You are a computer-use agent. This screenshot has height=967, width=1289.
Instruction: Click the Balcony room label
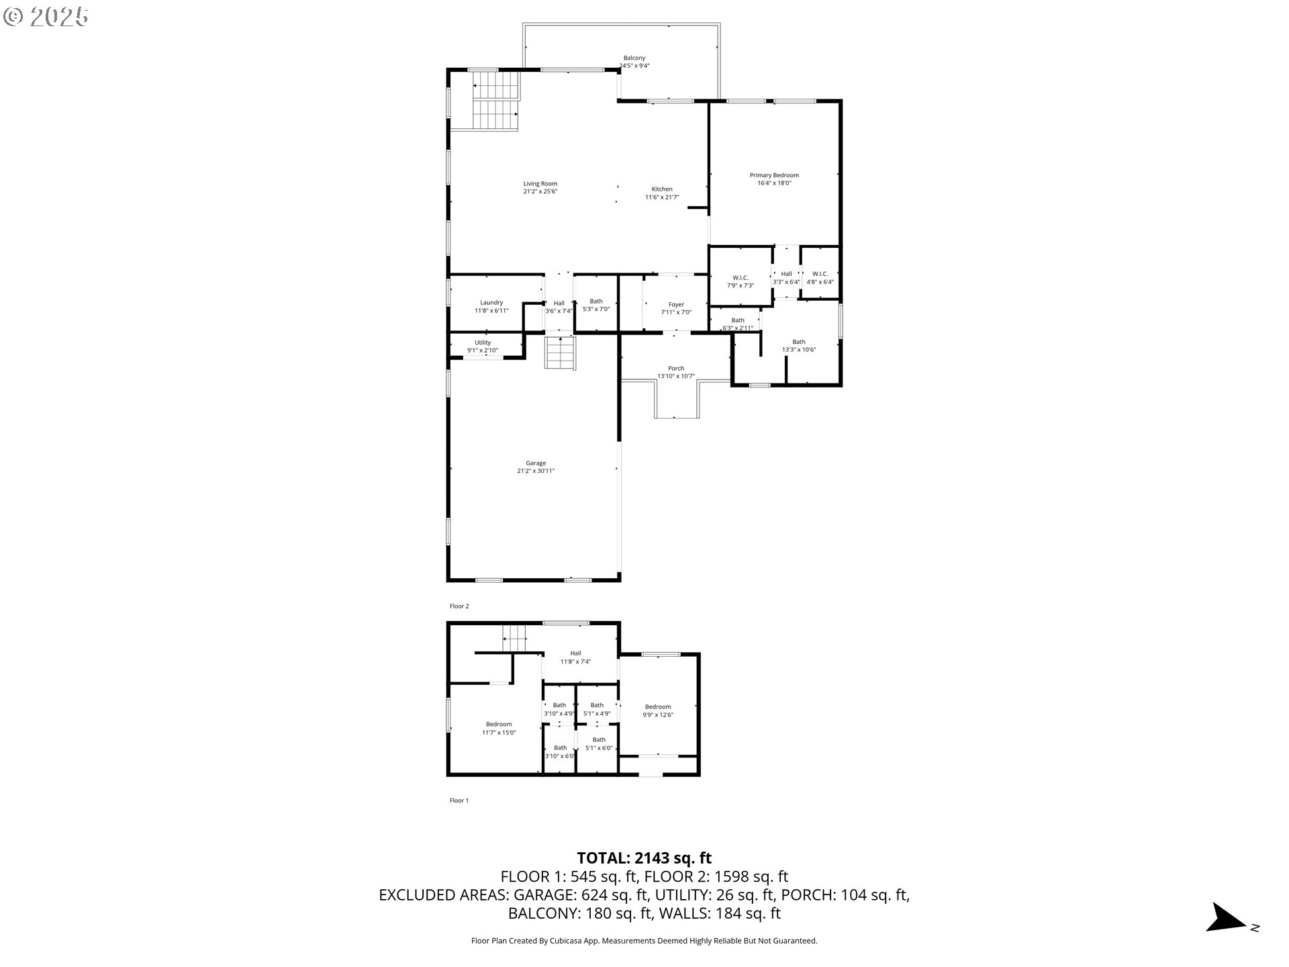[x=634, y=58]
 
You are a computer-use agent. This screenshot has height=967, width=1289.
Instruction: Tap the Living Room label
[x=540, y=184]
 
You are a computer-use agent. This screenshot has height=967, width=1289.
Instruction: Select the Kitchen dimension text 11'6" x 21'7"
[x=662, y=197]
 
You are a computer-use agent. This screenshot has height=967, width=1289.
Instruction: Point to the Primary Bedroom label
[x=774, y=175]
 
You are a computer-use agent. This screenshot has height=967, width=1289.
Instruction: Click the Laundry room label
[x=491, y=303]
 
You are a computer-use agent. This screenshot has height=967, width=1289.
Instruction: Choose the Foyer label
[x=676, y=305]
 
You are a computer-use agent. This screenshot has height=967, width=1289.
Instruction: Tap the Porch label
[x=676, y=368]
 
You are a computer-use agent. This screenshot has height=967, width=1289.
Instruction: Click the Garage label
[x=536, y=463]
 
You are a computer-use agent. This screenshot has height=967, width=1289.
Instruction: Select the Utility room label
[x=483, y=342]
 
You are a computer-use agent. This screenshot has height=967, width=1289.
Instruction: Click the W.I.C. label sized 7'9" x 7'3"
[x=741, y=278]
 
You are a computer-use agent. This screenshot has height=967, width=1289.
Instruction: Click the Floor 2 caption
[x=459, y=606]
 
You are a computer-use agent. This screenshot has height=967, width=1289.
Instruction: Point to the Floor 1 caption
[x=459, y=800]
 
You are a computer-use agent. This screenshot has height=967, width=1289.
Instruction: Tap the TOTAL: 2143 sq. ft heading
[x=644, y=858]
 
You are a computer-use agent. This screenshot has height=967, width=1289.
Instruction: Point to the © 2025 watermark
[x=46, y=17]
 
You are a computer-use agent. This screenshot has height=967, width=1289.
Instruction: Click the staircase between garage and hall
[x=561, y=353]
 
